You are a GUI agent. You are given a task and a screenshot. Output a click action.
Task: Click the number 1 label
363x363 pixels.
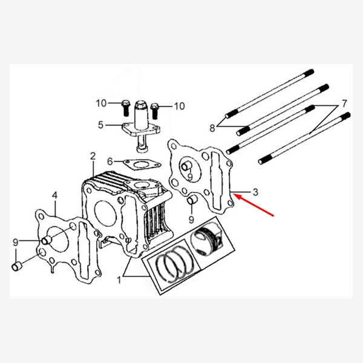(119, 280)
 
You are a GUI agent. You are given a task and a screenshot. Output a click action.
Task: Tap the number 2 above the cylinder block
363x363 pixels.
(93, 156)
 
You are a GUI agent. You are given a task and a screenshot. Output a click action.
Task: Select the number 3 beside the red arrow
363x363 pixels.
(255, 192)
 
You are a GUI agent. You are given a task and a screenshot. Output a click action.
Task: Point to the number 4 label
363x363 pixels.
(54, 195)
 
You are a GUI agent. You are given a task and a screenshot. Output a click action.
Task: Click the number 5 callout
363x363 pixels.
(100, 125)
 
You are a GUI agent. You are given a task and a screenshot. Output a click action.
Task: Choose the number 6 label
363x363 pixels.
(110, 162)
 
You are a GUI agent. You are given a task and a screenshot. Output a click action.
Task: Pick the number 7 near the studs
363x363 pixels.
(344, 103)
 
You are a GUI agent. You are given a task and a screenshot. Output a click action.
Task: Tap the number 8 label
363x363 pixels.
(212, 128)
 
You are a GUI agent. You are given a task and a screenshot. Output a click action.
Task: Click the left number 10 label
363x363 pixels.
(101, 103)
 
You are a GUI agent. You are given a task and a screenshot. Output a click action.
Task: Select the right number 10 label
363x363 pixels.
(180, 106)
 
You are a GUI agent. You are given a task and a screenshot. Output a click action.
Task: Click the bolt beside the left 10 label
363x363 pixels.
(125, 108)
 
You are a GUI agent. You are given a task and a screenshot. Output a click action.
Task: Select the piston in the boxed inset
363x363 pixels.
(206, 238)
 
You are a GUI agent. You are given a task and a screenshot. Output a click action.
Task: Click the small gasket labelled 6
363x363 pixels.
(142, 165)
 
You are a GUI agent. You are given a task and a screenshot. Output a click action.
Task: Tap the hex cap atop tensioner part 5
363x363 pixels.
(141, 105)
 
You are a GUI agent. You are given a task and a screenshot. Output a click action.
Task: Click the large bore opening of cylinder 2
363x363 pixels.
(105, 215)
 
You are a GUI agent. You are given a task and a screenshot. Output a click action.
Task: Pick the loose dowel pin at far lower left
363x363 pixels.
(16, 266)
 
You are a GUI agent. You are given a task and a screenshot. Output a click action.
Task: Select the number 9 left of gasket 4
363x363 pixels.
(16, 243)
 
